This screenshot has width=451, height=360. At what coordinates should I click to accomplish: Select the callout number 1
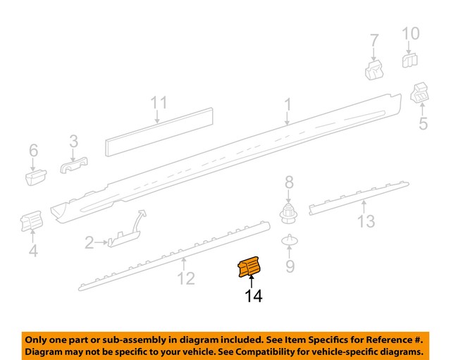point(288,105)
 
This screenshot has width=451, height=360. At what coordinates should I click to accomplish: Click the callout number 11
point(159,104)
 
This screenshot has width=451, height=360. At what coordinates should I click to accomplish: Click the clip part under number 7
point(373,68)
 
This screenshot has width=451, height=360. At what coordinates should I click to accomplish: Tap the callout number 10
point(410,33)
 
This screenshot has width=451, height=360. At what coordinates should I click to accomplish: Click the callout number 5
point(423,125)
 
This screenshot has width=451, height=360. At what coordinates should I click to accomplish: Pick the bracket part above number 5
point(421,92)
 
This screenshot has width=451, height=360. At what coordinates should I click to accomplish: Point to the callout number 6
point(33,150)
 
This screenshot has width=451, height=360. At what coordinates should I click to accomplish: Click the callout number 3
point(73,143)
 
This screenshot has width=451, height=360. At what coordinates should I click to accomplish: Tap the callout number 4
point(33,251)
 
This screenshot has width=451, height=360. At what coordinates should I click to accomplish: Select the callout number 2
point(89,244)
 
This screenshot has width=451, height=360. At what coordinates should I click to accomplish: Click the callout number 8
point(288,183)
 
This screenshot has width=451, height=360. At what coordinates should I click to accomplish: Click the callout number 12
point(185,279)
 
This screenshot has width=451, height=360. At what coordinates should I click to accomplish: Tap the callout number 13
point(365,222)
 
